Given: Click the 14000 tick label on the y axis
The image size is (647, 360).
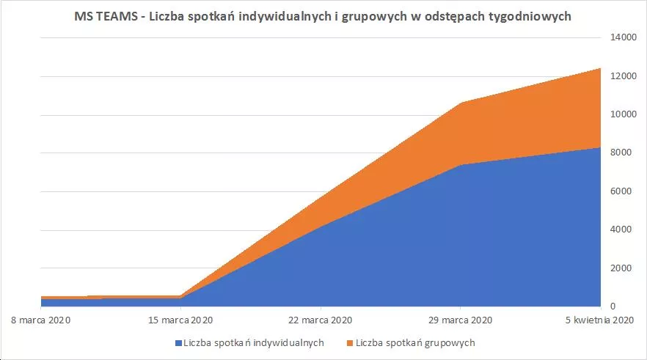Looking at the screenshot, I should tap(621, 38).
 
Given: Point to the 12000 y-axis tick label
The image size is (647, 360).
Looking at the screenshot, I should tap(621, 76).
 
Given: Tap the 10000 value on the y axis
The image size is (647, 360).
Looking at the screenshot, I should tap(621, 115).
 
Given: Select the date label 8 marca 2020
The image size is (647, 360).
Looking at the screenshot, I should tap(41, 320).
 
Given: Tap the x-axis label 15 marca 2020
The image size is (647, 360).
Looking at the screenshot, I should tap(180, 320).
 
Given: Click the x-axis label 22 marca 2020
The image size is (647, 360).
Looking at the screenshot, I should tap(321, 320).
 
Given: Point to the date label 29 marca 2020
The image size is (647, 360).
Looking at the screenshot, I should tap(460, 320).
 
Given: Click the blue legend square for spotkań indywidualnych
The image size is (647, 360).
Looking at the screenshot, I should tap(178, 343).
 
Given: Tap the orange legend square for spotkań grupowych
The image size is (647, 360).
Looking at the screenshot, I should tap(349, 343).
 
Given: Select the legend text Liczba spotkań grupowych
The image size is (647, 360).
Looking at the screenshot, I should tap(415, 343).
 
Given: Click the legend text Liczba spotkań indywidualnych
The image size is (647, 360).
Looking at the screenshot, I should tap(254, 343).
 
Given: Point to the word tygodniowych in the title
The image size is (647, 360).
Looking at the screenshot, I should tap(532, 17).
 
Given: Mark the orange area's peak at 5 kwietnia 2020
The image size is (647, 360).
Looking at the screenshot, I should tap(599, 69).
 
